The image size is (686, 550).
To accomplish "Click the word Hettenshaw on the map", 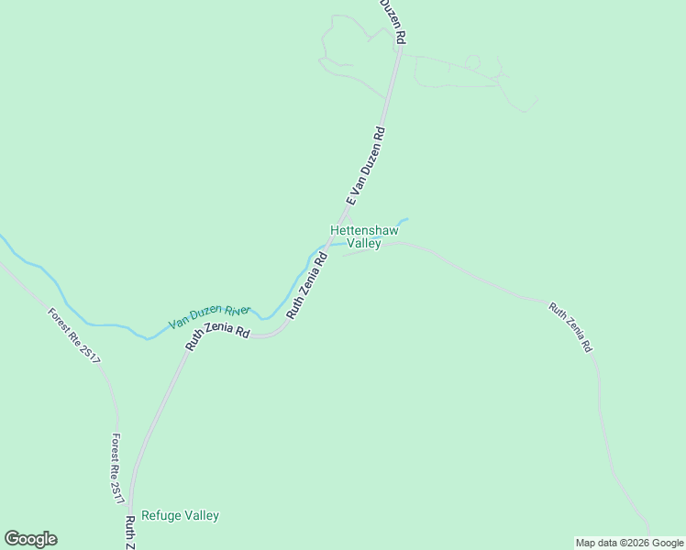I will point(365,230).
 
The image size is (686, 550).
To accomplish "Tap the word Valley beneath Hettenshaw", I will point(364,244).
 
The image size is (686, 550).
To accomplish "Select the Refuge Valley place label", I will point(180,515).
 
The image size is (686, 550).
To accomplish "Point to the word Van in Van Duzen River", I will point(179,324).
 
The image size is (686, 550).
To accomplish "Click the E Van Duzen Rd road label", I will point(365,166).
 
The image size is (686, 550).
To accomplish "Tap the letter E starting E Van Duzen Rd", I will point(349,201).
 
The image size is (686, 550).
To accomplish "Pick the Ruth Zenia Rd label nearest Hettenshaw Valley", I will point(307,286).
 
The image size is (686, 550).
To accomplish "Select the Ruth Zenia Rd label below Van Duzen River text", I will point(218,339).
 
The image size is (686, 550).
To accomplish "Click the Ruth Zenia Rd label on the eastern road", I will point(570,328).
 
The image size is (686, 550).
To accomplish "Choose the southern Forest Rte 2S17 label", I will point(117,468).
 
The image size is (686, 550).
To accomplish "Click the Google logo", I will point(30,539).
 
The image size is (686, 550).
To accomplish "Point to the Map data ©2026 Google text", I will point(629,543).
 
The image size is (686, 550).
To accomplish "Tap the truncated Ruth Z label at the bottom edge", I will point(130,532).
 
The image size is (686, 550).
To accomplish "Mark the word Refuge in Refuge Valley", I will point(161,515).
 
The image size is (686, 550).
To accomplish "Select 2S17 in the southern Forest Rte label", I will point(118,490).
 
